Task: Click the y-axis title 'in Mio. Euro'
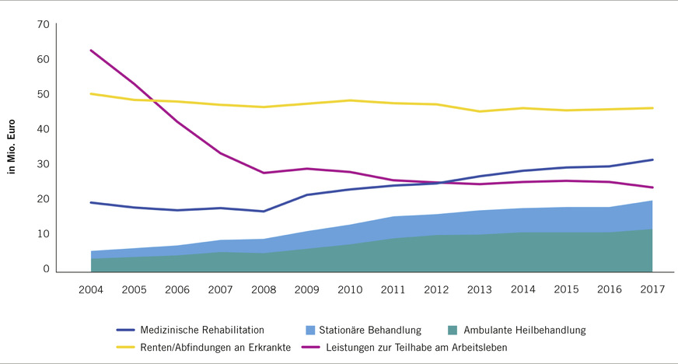(x=12, y=146)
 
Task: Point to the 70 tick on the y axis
(x=43, y=24)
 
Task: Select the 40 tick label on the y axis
(x=43, y=129)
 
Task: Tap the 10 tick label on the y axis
(x=43, y=234)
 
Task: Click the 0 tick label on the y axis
(x=46, y=269)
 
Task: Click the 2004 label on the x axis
(x=92, y=290)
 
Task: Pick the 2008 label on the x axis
(x=264, y=290)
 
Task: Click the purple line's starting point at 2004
(x=92, y=51)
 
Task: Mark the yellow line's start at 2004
(x=92, y=94)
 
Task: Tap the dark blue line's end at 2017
(x=652, y=159)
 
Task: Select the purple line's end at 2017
(x=652, y=187)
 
